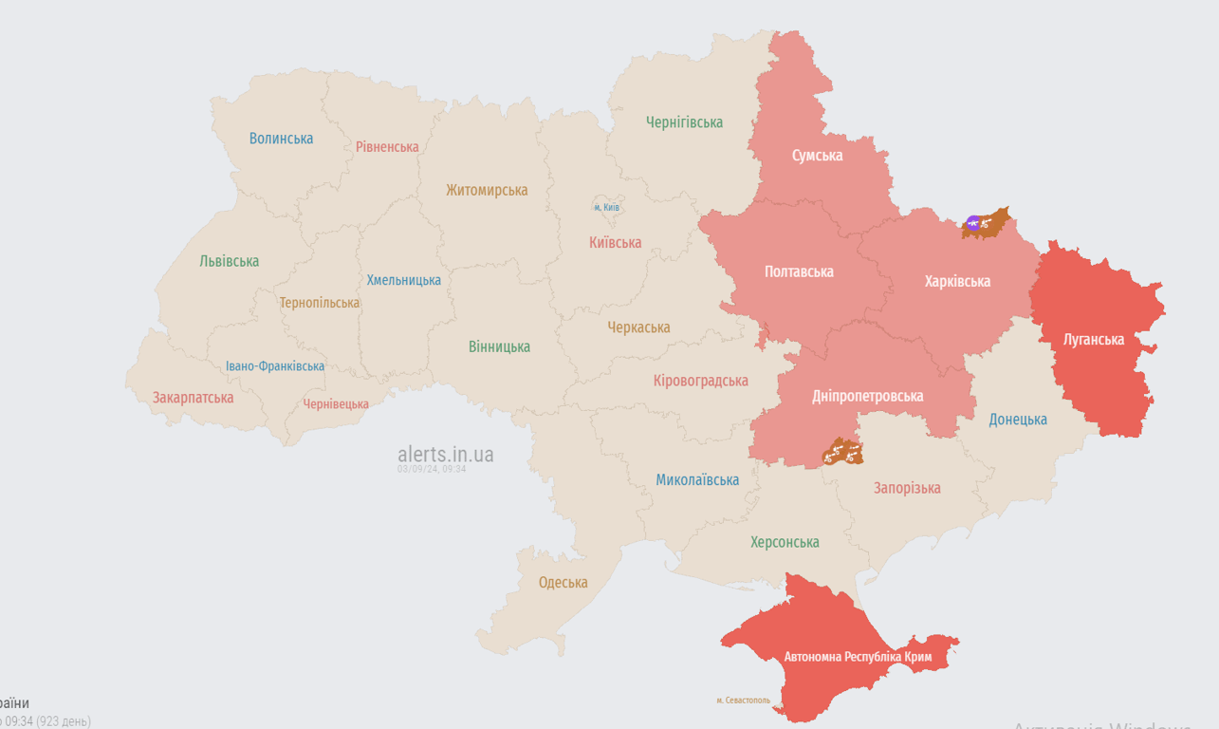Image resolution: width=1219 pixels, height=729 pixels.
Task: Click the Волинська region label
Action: point(281,139)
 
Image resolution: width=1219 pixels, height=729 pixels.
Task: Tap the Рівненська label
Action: point(387,147)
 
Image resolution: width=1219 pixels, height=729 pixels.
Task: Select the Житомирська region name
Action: point(487,190)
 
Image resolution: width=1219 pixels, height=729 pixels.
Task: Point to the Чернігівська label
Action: point(684,122)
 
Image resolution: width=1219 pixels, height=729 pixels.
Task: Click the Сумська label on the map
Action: point(817,155)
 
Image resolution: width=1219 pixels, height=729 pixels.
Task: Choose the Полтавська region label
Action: point(799,271)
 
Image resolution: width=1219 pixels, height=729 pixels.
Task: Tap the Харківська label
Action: point(957,281)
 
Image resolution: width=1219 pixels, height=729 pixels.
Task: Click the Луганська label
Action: point(1094,339)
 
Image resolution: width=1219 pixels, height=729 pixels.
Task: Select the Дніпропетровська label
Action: point(867,396)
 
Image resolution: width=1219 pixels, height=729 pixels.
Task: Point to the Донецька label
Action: point(1018,420)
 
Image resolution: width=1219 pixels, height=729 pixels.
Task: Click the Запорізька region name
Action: point(907,488)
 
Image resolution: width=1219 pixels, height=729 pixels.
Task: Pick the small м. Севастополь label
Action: point(743,701)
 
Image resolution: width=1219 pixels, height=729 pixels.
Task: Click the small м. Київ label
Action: point(606,207)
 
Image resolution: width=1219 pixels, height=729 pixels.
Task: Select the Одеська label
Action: point(563,583)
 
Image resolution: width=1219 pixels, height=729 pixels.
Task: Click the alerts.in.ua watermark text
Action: point(445,455)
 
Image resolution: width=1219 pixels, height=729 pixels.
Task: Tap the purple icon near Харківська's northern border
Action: point(972,224)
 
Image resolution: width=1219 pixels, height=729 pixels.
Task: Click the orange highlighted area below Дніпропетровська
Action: point(841,452)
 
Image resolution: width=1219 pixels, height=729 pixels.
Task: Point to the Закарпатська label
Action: point(193,398)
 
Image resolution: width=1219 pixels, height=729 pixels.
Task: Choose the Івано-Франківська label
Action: point(275,366)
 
